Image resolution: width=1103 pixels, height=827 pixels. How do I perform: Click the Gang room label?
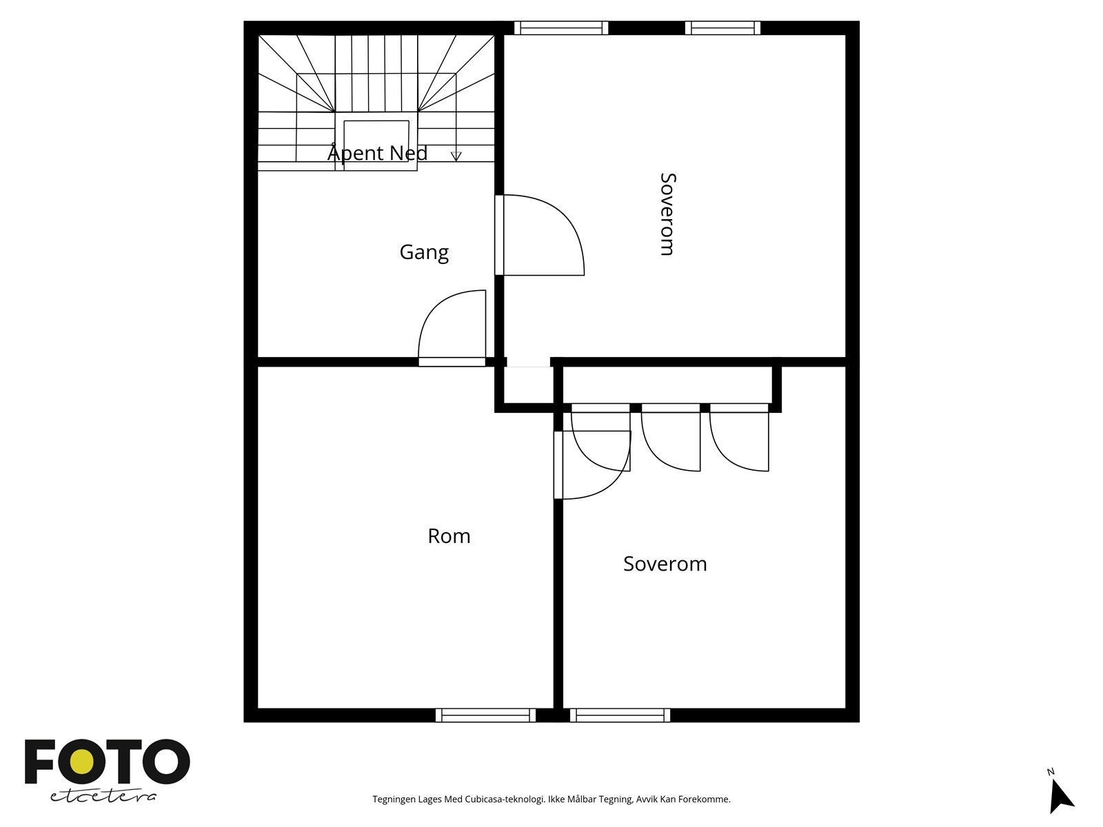pos(424,252)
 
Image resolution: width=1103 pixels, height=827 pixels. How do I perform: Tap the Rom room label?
pos(449,536)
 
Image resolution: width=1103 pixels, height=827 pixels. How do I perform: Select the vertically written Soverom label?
pos(668,214)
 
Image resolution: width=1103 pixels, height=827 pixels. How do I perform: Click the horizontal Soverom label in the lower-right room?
pos(665,564)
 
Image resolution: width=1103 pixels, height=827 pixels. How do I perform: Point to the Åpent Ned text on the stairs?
pos(377,152)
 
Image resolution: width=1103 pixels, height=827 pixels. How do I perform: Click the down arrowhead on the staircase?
pos(456,156)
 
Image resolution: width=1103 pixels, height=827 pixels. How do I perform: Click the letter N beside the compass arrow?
pos(1050,773)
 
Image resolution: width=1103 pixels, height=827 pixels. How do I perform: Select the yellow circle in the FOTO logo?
pos(81,763)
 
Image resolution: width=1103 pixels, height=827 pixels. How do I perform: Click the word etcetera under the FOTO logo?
pos(103,797)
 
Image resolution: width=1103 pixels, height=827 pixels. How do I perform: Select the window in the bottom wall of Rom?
pos(485,715)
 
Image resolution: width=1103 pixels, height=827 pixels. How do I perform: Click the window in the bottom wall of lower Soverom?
pos(620,715)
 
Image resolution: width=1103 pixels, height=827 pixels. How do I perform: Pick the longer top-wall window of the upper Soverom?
pos(561,28)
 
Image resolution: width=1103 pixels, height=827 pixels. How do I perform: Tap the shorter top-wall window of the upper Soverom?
pos(722,28)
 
